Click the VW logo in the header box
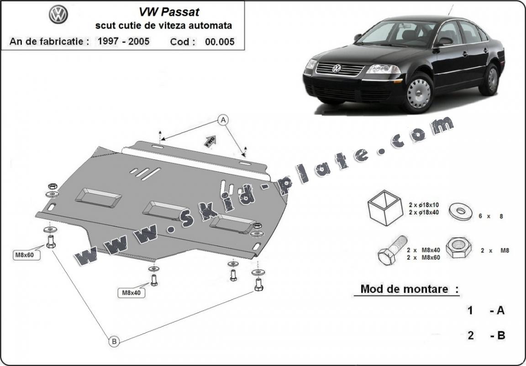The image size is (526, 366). (x=58, y=15)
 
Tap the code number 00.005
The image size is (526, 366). (x=220, y=42)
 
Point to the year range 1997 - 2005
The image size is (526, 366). (x=123, y=41)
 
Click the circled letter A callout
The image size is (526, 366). (x=223, y=120)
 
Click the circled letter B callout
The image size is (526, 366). (x=114, y=340)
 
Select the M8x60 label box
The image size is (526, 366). (x=27, y=255)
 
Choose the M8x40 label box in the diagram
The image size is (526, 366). (x=131, y=293)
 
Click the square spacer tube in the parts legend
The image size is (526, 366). (x=385, y=208)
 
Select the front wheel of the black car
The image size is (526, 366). (x=418, y=93)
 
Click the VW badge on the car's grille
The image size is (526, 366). (x=337, y=69)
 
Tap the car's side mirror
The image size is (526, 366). (x=443, y=42)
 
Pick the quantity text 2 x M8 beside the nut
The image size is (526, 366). (x=495, y=250)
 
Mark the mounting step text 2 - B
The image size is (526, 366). (x=486, y=335)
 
